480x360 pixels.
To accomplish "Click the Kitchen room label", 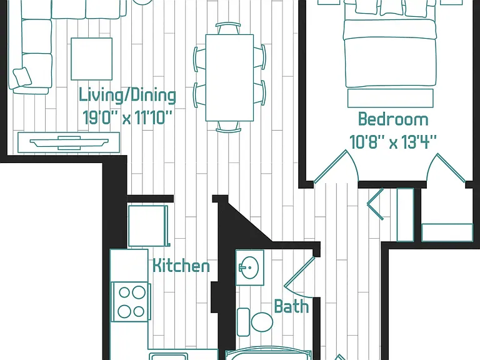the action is (x=181, y=266).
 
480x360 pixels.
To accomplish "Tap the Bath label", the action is (x=291, y=306).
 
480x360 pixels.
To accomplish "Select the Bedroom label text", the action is (x=393, y=119).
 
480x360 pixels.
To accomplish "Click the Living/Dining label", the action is (x=127, y=96).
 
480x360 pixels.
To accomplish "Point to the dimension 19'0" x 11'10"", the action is (x=127, y=117).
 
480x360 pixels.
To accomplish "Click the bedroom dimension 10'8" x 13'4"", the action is (x=393, y=142).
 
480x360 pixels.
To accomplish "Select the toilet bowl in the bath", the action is (x=262, y=322).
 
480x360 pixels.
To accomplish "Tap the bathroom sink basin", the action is (x=249, y=267).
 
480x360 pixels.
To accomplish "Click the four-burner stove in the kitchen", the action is (x=131, y=302).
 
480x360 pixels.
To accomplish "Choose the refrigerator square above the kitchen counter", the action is (x=148, y=226).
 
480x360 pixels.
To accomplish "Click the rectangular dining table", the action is (x=229, y=77).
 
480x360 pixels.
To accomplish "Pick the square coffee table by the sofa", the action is (x=91, y=59).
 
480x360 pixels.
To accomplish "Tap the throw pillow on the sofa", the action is (x=22, y=76).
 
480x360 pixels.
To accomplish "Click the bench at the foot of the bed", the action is (x=390, y=98).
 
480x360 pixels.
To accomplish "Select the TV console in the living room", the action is (x=69, y=142).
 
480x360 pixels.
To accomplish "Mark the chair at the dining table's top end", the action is (x=228, y=28).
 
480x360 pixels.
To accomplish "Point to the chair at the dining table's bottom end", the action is (x=228, y=127).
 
